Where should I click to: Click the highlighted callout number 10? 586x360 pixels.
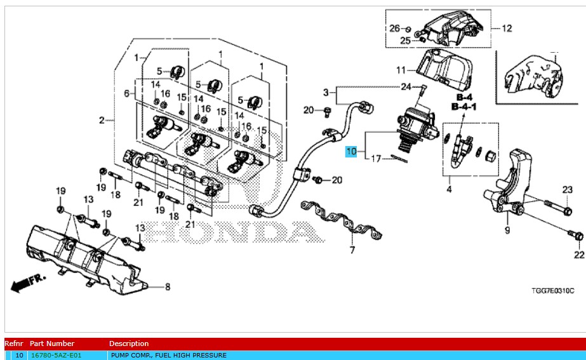click(x=352, y=152)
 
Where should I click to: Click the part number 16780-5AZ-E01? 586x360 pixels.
click(x=56, y=356)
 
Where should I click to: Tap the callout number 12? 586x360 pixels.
click(x=506, y=28)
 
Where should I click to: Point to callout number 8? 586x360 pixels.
click(x=168, y=287)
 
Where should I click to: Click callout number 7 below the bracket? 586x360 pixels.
click(x=352, y=250)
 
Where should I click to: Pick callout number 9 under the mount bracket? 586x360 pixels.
click(x=507, y=230)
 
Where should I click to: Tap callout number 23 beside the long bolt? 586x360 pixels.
click(x=567, y=189)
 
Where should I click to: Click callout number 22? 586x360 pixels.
click(x=578, y=255)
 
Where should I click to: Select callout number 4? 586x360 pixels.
click(x=449, y=189)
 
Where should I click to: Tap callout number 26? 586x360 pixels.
click(x=394, y=28)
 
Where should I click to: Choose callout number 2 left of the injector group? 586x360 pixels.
click(x=102, y=120)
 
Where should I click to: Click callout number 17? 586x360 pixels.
click(x=376, y=159)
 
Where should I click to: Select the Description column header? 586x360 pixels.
click(x=129, y=343)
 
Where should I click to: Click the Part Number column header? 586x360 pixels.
click(x=52, y=343)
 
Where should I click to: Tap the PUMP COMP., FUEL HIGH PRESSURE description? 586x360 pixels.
click(x=168, y=356)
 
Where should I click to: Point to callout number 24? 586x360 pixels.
click(x=406, y=87)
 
